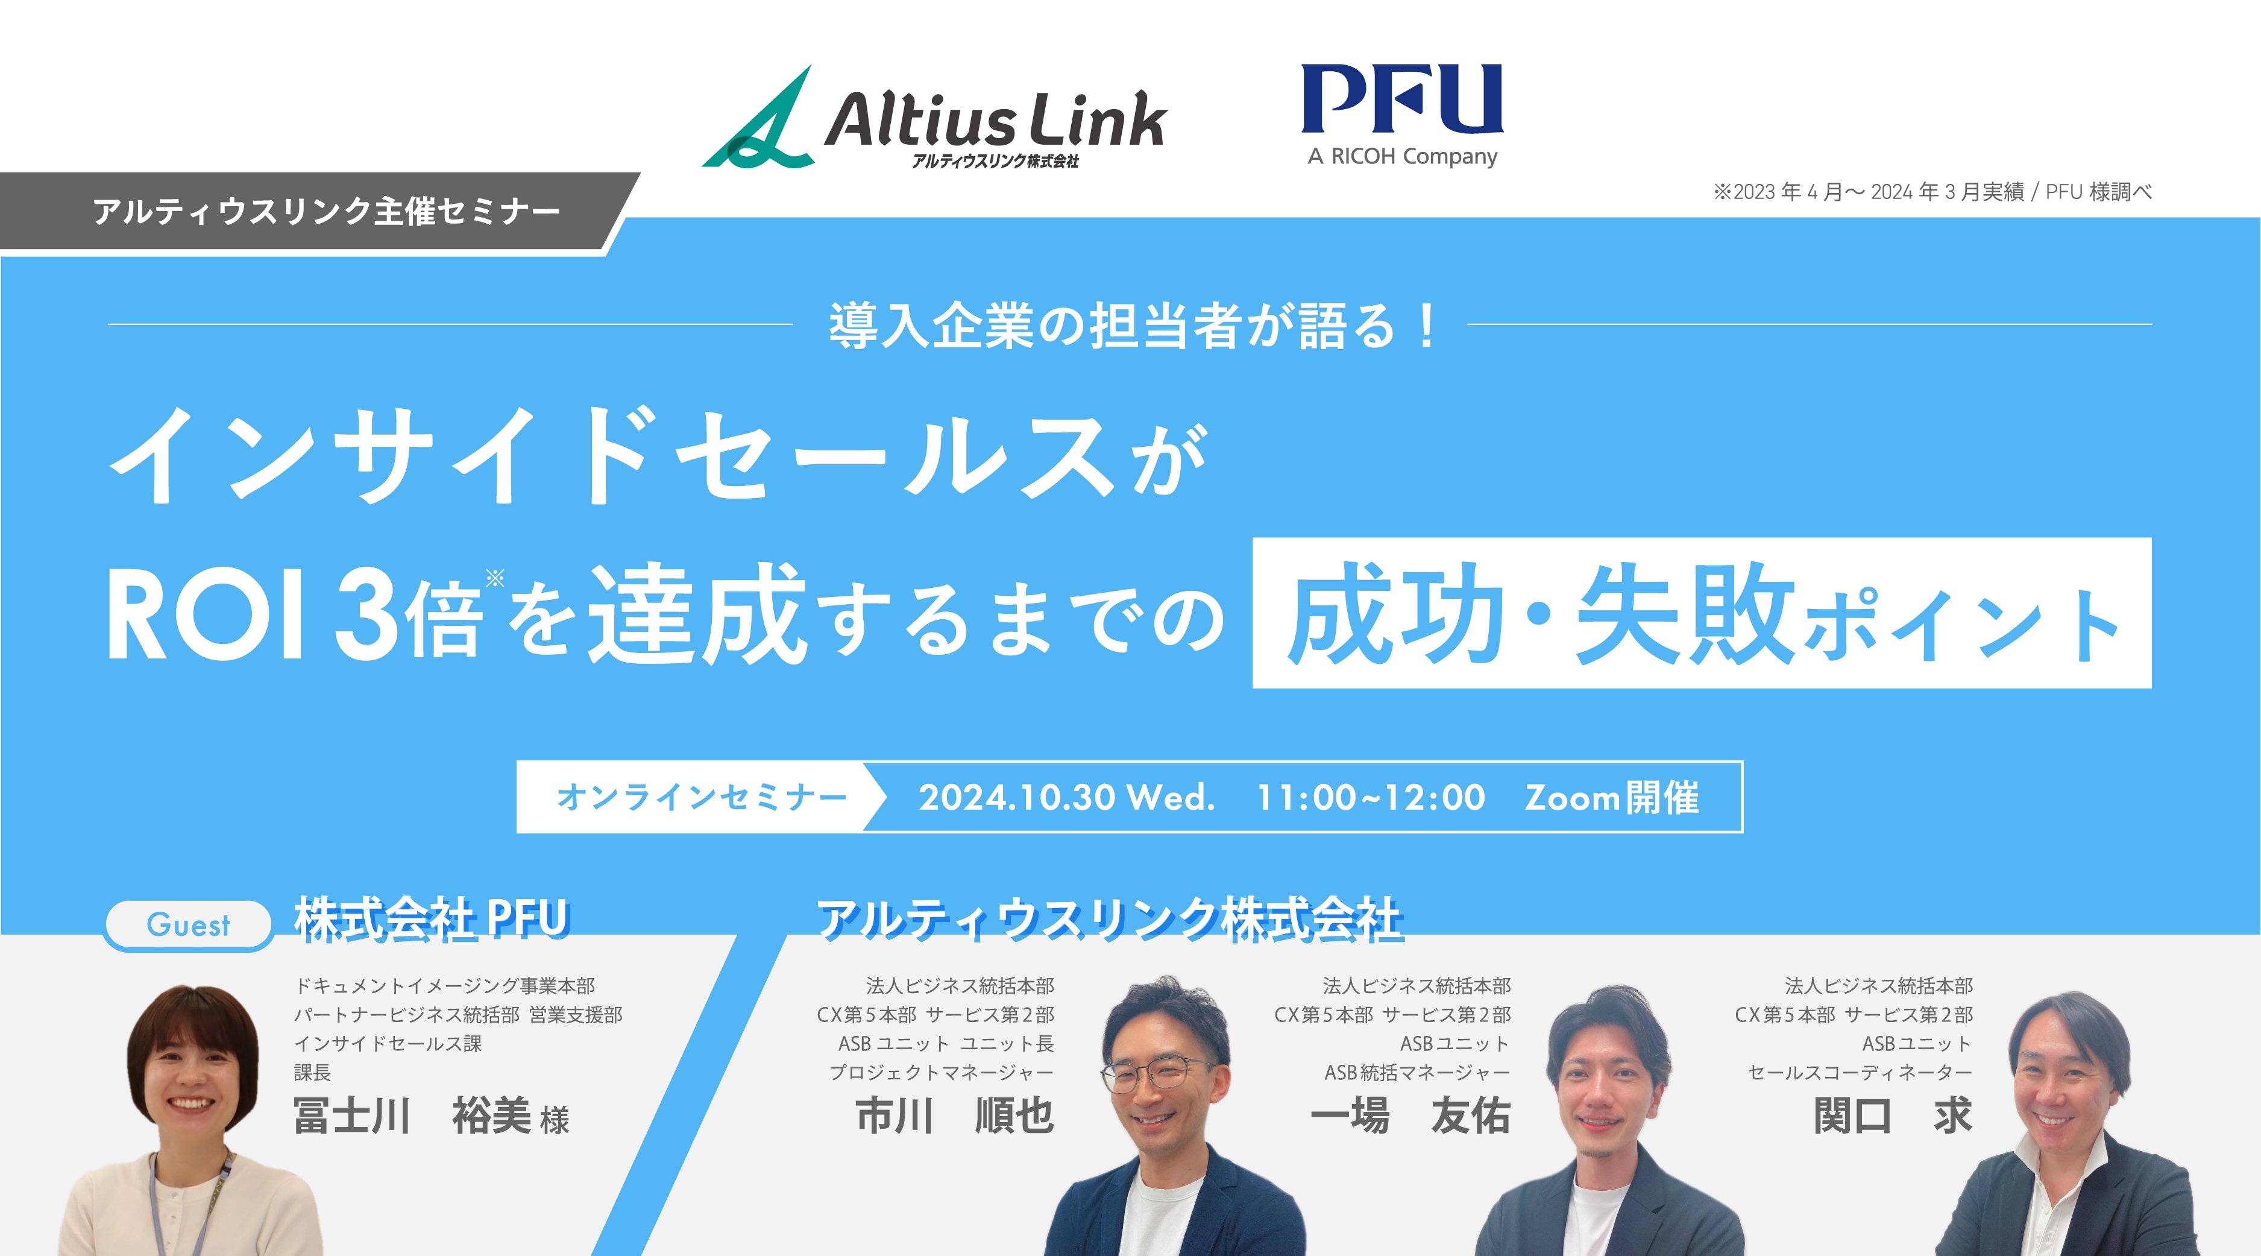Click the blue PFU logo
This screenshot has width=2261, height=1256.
click(1401, 98)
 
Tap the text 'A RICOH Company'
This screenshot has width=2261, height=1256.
click(1401, 157)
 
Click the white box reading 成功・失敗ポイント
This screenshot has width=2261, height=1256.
click(1701, 613)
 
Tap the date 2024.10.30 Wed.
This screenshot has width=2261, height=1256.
click(1066, 798)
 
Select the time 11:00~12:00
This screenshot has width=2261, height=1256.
click(1371, 798)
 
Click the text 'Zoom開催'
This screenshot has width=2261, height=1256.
click(1611, 798)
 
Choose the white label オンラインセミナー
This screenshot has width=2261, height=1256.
click(700, 797)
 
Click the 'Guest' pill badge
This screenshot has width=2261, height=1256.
click(189, 925)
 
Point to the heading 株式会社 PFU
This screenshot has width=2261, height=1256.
click(432, 920)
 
